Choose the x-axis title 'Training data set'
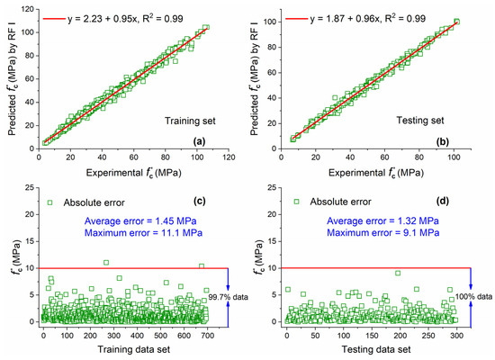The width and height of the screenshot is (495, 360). [130, 349]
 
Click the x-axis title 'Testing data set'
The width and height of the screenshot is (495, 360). [375, 349]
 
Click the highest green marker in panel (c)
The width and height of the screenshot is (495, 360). [106, 263]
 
